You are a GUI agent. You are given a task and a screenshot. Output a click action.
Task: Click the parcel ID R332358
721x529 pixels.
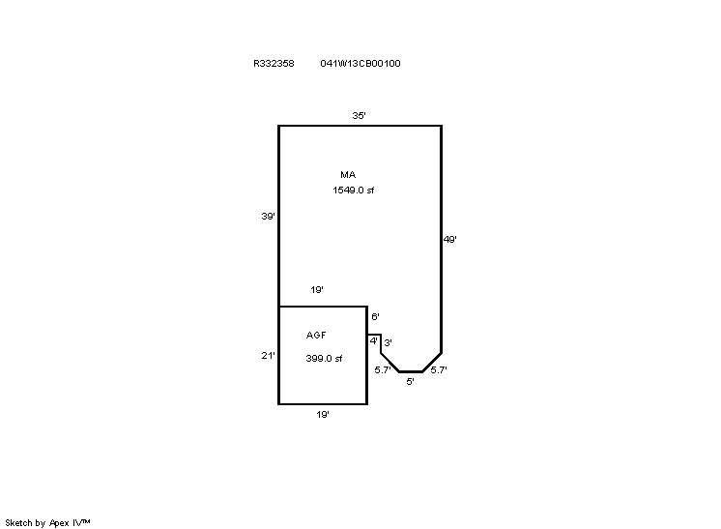point(274,64)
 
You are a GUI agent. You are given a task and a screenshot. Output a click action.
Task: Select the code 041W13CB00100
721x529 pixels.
point(360,64)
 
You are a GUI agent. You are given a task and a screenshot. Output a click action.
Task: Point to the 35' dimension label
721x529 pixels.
point(360,115)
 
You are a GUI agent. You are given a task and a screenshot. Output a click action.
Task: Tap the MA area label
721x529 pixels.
point(348,174)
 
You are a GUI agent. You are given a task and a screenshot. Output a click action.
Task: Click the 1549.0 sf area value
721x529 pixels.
point(353,190)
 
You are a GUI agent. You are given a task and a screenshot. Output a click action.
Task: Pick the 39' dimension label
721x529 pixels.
point(268,217)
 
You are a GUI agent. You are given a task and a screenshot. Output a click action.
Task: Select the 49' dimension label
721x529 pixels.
point(449,239)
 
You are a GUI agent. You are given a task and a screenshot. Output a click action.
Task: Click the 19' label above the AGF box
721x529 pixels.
point(317,290)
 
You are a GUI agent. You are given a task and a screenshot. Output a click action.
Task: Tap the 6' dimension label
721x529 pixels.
point(375,316)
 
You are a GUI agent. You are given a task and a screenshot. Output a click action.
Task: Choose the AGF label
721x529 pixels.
point(316,335)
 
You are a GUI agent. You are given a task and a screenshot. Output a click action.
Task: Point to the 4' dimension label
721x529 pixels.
point(374,340)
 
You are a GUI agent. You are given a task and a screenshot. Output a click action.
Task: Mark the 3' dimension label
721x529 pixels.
point(389,342)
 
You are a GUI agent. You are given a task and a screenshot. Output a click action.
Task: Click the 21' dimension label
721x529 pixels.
point(268,355)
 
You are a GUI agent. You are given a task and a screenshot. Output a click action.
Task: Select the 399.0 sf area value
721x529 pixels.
point(324,359)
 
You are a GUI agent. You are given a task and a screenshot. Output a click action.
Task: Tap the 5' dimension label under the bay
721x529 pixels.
point(410,381)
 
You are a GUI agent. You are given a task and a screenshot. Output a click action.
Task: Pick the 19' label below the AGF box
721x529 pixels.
point(323,415)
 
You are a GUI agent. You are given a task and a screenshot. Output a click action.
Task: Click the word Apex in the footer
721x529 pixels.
point(59,523)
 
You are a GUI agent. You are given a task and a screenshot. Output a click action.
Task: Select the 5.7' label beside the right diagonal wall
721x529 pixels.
point(439,369)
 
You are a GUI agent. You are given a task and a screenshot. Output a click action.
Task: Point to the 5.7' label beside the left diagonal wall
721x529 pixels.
point(383,369)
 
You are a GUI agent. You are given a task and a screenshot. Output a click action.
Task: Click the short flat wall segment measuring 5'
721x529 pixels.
point(411,371)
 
